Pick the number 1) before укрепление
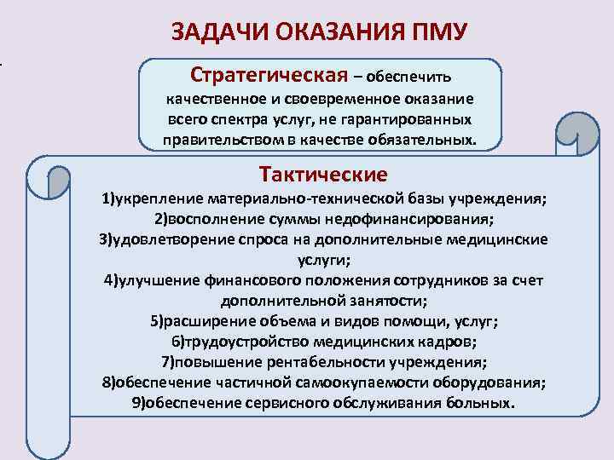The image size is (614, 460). pyautogui.click(x=107, y=200)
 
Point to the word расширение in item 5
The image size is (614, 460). pyautogui.click(x=206, y=321)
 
